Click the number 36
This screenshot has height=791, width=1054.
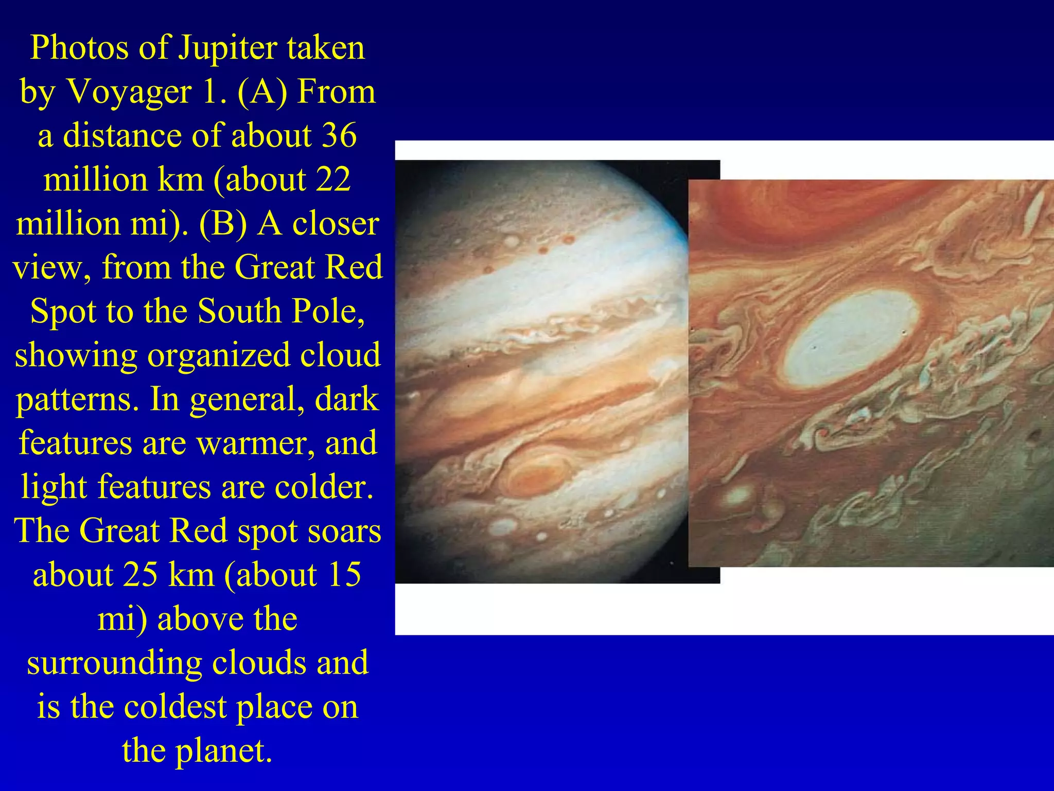339,136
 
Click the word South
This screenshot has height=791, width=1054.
237,312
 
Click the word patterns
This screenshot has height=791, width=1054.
77,400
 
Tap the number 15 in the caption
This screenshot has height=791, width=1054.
343,575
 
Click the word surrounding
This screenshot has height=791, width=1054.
114,663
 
